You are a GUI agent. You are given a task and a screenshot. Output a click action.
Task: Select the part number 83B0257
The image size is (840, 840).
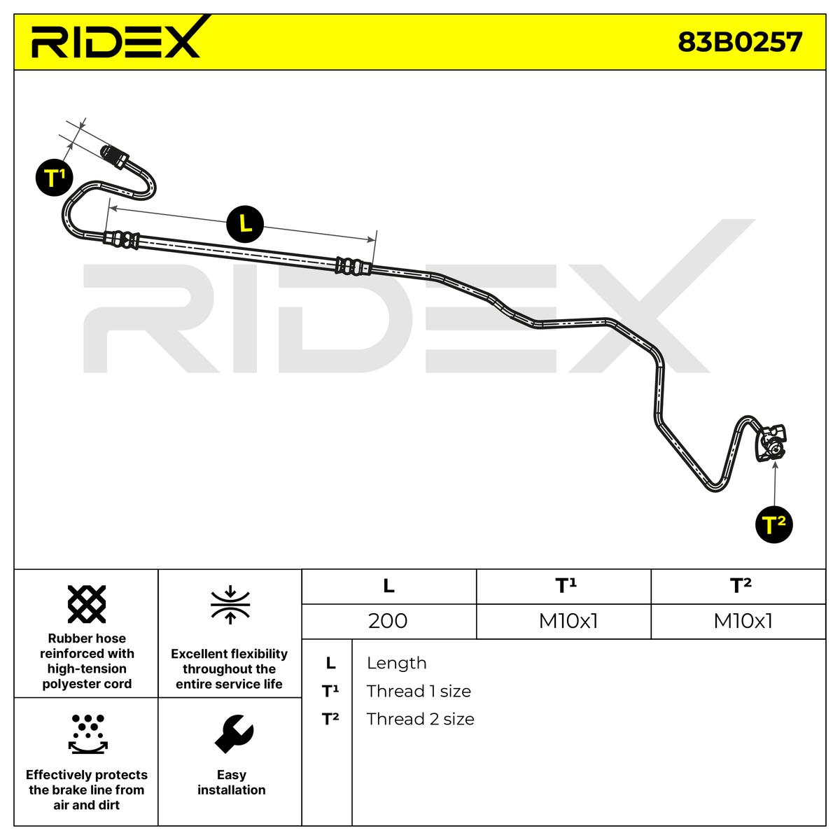[739, 42]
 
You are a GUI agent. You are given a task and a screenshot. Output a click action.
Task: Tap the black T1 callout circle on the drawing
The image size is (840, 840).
[54, 177]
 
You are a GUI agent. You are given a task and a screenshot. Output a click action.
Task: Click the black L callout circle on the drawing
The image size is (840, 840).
[245, 224]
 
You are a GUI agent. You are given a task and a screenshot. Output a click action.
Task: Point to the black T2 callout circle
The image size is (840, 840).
[773, 524]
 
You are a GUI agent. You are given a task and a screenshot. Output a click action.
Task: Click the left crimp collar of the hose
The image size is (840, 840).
[121, 240]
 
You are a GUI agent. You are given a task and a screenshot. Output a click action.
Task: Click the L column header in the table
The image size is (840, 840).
[388, 586]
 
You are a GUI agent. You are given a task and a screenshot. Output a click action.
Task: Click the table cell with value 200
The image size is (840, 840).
[388, 621]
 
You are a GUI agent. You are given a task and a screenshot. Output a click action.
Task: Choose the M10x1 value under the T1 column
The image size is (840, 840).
[568, 621]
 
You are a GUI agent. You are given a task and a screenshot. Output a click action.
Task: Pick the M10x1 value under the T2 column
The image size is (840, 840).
[743, 621]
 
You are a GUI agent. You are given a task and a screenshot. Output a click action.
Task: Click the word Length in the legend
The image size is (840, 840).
[396, 663]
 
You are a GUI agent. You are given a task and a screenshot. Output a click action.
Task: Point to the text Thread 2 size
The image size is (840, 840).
[420, 719]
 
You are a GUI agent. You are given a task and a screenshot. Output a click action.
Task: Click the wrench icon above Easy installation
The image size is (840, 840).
[234, 734]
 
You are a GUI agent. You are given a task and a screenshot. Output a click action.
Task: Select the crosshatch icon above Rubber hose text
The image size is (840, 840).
[87, 604]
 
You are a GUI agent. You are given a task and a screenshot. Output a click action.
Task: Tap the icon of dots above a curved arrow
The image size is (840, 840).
[88, 734]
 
